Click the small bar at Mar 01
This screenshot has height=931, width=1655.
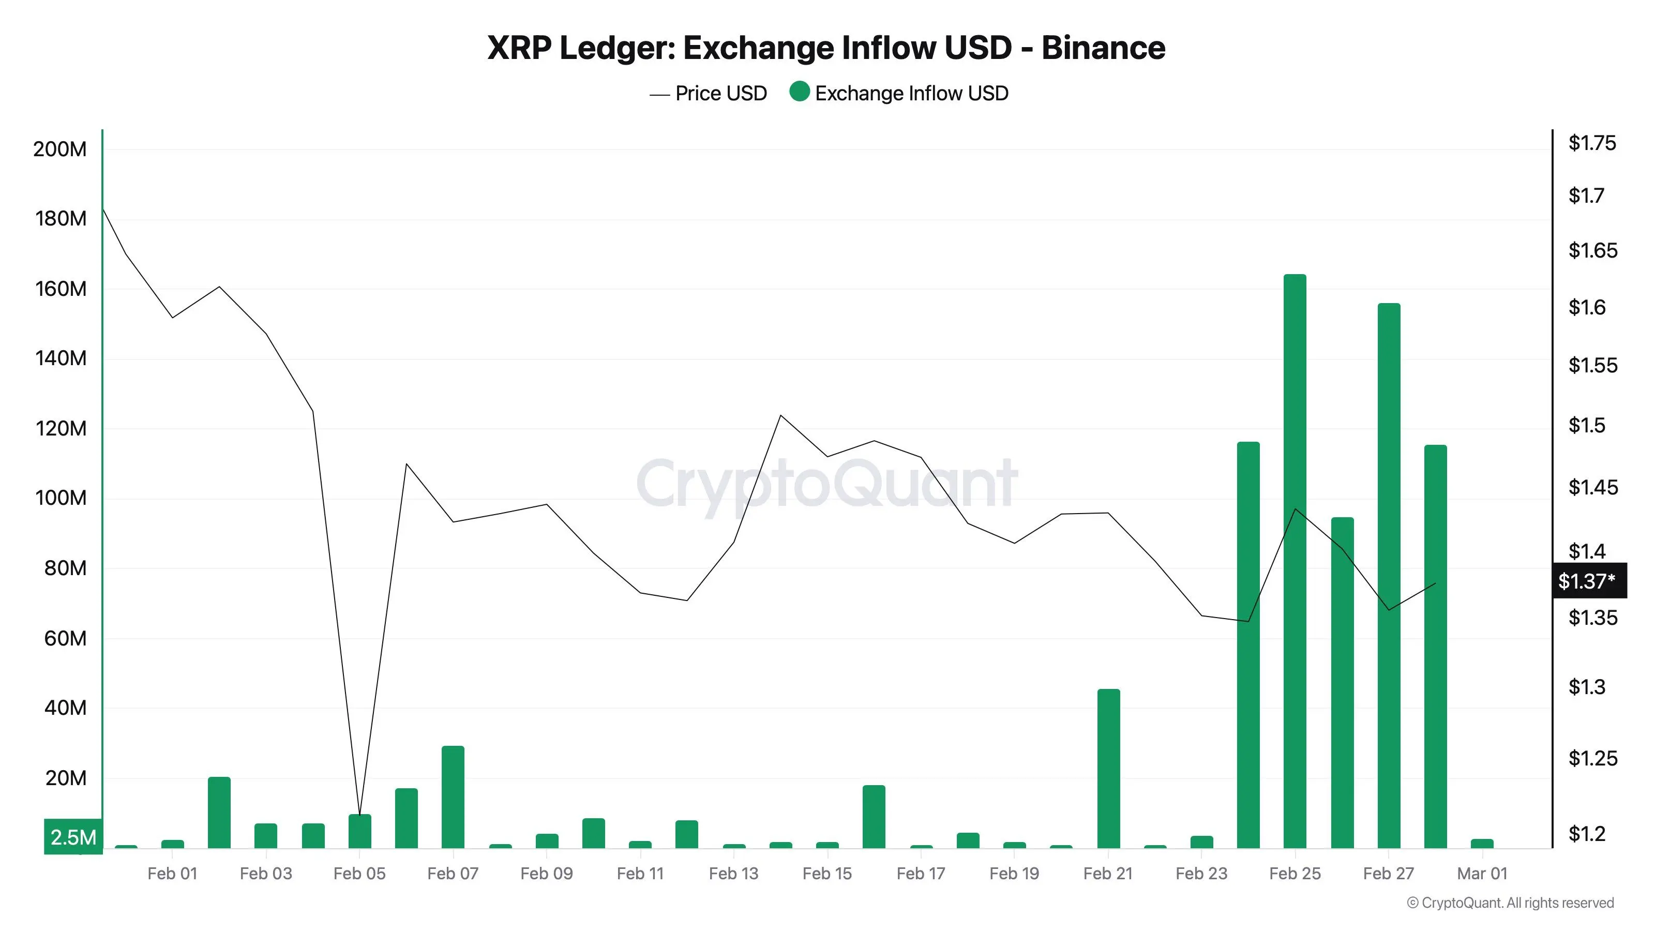[x=1482, y=843]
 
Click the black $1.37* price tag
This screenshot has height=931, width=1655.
[x=1589, y=581]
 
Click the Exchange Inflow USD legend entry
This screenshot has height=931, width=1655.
[x=899, y=94]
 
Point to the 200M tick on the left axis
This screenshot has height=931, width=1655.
[x=60, y=149]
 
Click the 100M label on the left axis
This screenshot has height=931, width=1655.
[x=61, y=498]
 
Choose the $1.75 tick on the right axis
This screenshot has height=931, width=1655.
[x=1591, y=143]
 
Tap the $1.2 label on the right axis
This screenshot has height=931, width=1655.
[x=1586, y=833]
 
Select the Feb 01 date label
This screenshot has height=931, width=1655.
[x=172, y=873]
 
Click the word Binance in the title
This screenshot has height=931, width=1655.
[x=1103, y=48]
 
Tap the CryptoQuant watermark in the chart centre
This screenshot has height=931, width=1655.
[x=827, y=483]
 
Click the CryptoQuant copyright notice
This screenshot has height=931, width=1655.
[x=1510, y=903]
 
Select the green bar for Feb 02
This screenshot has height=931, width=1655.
[x=219, y=813]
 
